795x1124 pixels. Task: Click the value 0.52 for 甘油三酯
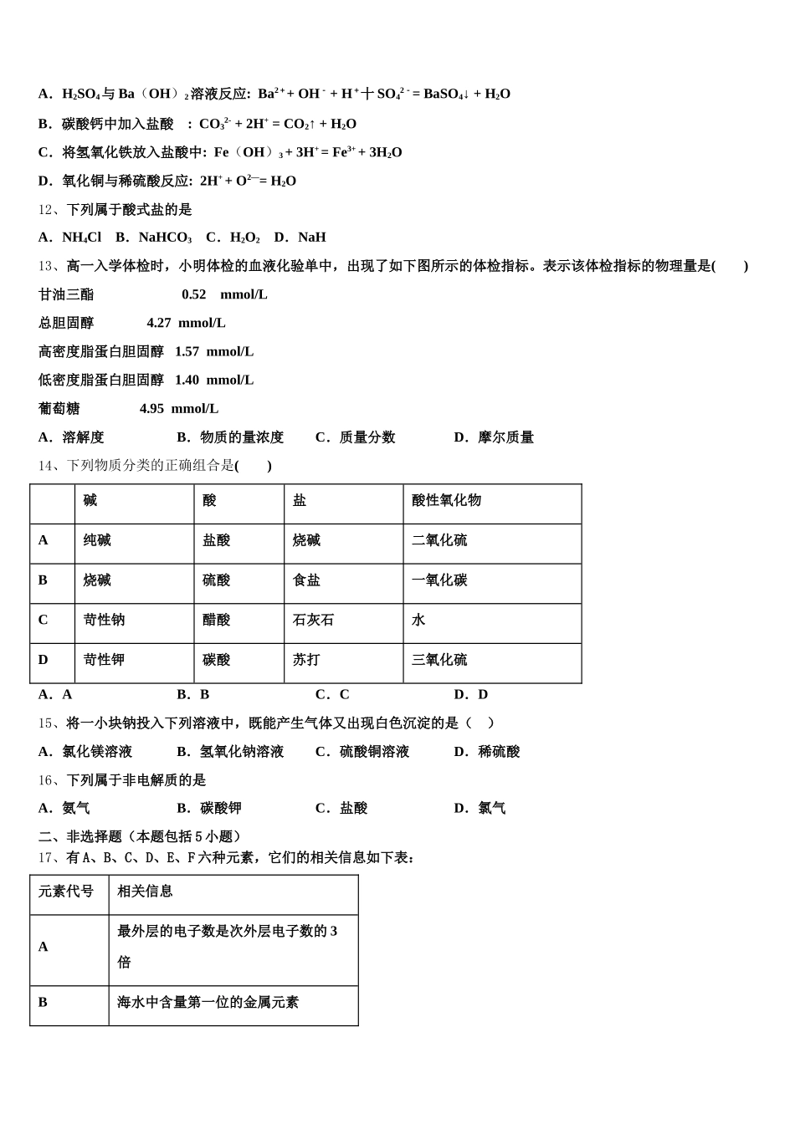click(x=193, y=294)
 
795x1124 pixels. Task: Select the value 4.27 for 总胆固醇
click(x=159, y=323)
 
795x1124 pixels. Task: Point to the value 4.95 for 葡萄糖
click(x=151, y=408)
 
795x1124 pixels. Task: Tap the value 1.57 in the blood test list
click(x=187, y=351)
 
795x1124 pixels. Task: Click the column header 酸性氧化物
click(x=446, y=500)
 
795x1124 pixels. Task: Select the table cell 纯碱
click(x=97, y=540)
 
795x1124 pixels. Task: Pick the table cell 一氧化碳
click(x=439, y=580)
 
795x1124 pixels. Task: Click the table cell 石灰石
click(x=313, y=620)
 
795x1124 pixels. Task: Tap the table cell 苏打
click(x=306, y=660)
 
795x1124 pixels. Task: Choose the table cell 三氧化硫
click(x=439, y=660)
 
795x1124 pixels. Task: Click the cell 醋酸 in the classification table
click(x=216, y=620)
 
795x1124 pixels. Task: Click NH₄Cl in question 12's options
click(x=81, y=238)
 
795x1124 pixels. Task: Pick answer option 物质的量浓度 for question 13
click(x=242, y=437)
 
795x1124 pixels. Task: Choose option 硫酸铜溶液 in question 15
click(x=374, y=752)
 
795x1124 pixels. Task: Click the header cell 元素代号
click(x=66, y=892)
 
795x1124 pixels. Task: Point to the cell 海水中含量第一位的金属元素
click(x=208, y=1002)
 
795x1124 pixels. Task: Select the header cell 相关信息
click(x=145, y=892)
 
